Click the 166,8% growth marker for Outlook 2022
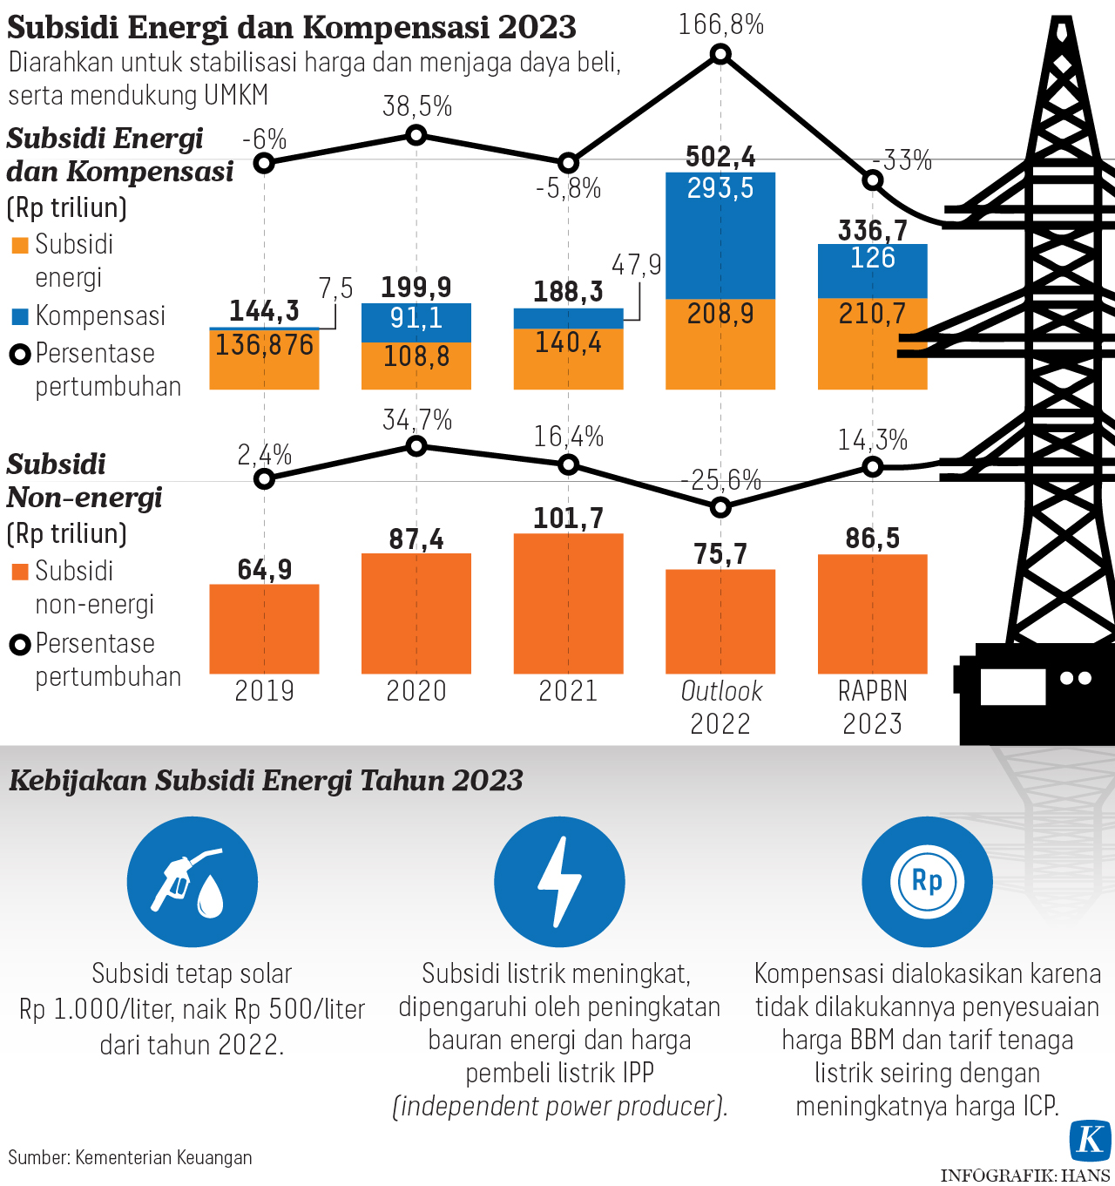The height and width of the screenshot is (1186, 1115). click(720, 55)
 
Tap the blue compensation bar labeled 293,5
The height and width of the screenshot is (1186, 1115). click(720, 235)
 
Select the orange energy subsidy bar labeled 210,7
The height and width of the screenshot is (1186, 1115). click(872, 344)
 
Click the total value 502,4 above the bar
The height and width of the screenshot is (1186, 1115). click(720, 157)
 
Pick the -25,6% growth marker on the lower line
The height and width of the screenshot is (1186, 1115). click(720, 507)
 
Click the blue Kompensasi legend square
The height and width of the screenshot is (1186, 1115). click(20, 316)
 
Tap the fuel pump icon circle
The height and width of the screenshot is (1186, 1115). click(193, 882)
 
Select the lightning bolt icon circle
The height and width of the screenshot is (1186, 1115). click(559, 882)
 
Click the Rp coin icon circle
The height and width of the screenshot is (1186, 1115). click(927, 882)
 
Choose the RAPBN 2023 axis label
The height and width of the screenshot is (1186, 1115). click(872, 707)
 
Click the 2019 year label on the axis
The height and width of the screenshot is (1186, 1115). click(264, 691)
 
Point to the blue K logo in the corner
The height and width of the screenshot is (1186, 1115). click(1091, 1141)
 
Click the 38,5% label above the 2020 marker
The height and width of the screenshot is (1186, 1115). click(417, 107)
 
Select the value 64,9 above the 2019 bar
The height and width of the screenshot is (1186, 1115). click(264, 570)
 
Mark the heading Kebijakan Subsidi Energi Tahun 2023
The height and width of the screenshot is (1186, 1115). click(266, 780)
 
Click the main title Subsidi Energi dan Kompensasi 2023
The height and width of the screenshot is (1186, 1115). click(292, 27)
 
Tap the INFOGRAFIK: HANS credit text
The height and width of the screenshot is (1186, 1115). click(1024, 1176)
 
